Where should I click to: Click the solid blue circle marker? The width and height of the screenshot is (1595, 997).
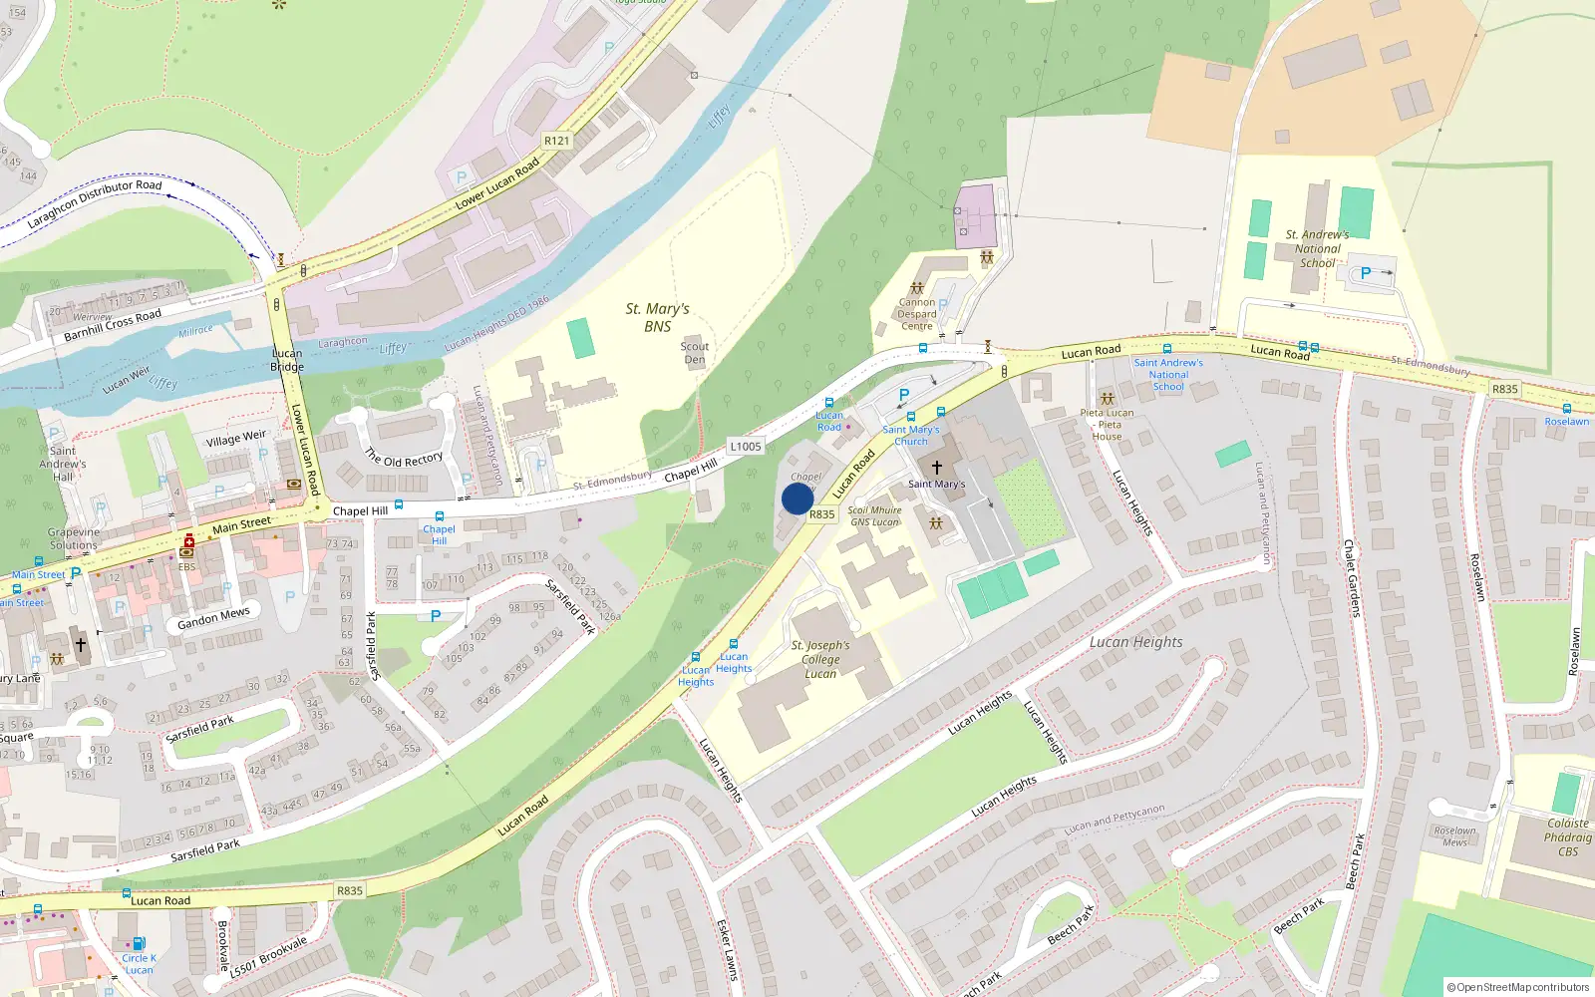pyautogui.click(x=797, y=498)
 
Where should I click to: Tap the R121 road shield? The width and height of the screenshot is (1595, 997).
pyautogui.click(x=556, y=141)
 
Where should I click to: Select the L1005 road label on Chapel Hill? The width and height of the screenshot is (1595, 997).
pyautogui.click(x=745, y=447)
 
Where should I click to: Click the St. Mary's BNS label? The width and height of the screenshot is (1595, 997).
pyautogui.click(x=657, y=317)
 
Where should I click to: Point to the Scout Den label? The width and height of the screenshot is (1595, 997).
pyautogui.click(x=695, y=353)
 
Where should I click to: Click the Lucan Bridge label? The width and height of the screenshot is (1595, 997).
pyautogui.click(x=287, y=360)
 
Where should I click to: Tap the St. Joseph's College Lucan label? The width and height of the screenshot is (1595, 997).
pyautogui.click(x=820, y=659)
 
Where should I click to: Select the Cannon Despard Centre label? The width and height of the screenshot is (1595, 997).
pyautogui.click(x=917, y=314)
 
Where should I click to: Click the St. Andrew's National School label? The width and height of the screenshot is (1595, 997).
pyautogui.click(x=1317, y=248)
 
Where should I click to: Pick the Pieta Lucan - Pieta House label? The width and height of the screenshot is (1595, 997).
pyautogui.click(x=1107, y=424)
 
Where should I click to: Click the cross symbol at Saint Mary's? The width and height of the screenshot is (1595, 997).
pyautogui.click(x=936, y=467)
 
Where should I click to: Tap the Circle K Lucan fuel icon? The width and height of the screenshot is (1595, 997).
pyautogui.click(x=139, y=943)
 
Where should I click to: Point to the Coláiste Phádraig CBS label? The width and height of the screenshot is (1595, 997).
pyautogui.click(x=1567, y=837)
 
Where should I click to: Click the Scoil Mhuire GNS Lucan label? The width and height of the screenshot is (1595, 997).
pyautogui.click(x=874, y=515)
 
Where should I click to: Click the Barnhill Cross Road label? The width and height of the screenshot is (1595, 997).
pyautogui.click(x=113, y=324)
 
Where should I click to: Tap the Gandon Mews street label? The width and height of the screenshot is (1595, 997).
pyautogui.click(x=213, y=619)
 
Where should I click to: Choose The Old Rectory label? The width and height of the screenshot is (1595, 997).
pyautogui.click(x=404, y=459)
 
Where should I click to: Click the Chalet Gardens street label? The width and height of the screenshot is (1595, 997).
pyautogui.click(x=1351, y=578)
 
